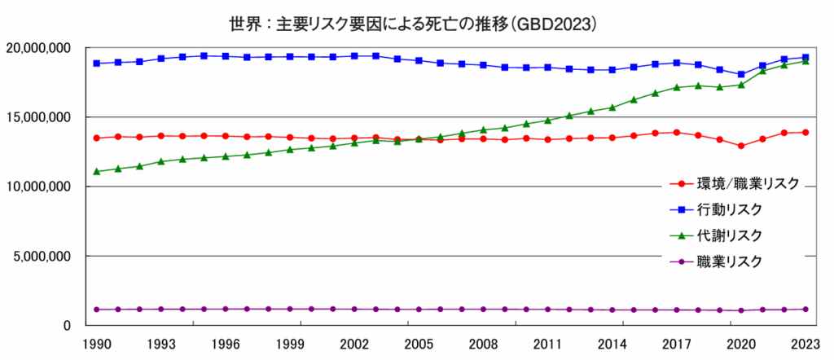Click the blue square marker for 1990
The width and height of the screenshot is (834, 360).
(97, 63)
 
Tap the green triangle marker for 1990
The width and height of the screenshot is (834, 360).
(97, 171)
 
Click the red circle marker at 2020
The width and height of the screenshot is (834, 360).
(740, 146)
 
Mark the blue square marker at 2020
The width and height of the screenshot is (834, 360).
(740, 74)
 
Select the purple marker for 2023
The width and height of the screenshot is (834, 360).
(805, 309)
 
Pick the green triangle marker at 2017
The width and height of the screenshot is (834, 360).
(676, 87)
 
